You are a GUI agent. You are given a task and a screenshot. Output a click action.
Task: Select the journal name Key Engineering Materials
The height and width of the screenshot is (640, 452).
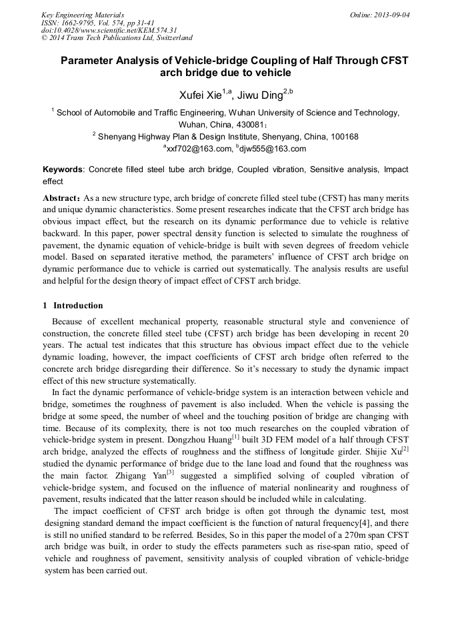tap(83, 15)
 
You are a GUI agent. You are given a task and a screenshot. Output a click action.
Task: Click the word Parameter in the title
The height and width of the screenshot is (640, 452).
tap(88, 61)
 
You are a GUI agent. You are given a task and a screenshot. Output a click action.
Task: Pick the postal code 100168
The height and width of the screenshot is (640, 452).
tap(341, 136)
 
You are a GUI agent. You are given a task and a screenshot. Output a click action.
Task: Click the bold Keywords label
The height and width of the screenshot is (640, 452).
tap(63, 170)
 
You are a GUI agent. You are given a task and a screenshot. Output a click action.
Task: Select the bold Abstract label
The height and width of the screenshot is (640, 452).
tap(62, 199)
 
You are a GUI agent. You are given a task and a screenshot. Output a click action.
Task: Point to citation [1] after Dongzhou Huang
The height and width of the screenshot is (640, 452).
tap(235, 436)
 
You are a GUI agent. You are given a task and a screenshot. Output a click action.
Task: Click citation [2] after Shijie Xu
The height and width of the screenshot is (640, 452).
tap(404, 448)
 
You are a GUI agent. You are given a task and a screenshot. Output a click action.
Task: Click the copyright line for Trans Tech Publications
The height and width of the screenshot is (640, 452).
tap(117, 38)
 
